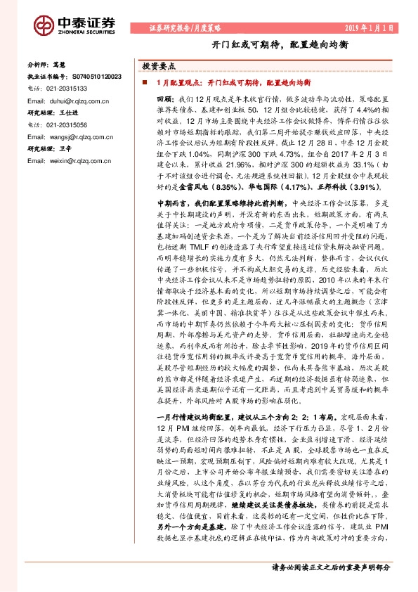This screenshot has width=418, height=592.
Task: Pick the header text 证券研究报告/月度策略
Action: pyautogui.click(x=185, y=27)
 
